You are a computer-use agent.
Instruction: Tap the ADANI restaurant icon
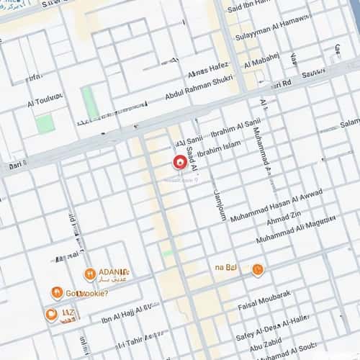[90, 274]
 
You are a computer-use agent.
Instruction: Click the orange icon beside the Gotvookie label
[57, 292]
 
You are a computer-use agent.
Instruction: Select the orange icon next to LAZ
[51, 315]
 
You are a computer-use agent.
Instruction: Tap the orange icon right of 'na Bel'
[257, 270]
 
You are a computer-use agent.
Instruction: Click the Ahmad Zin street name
[284, 217]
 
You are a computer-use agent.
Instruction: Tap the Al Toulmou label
[45, 96]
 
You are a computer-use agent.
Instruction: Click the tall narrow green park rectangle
[90, 104]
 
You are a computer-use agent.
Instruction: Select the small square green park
[45, 122]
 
